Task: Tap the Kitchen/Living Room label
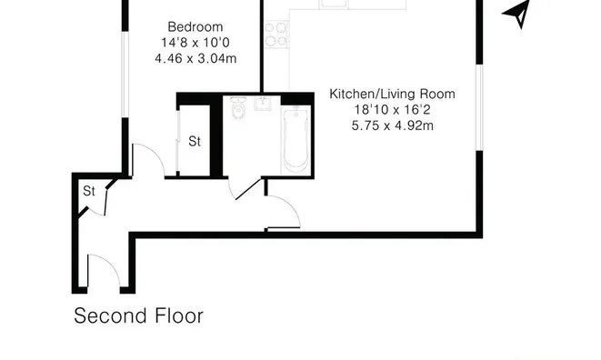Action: click(392, 94)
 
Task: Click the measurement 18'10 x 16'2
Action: click(392, 110)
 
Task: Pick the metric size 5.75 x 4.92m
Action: click(392, 126)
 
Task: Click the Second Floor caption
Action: click(138, 316)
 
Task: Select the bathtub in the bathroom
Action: click(296, 138)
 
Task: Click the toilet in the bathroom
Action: click(238, 110)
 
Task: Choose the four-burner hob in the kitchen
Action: click(276, 34)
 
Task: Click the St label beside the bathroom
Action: click(195, 141)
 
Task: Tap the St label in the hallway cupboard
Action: click(89, 191)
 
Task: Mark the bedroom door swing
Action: click(148, 160)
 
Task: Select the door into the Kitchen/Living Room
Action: click(283, 213)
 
